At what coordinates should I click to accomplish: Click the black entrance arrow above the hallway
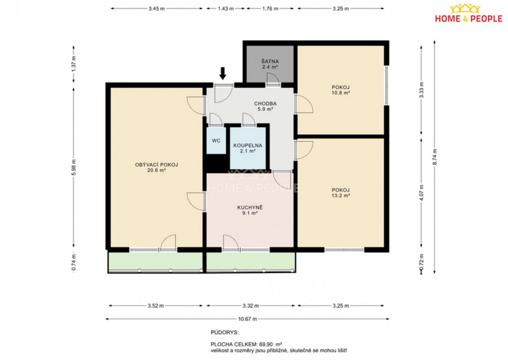(x=223, y=74)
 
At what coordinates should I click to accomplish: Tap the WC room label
(x=216, y=141)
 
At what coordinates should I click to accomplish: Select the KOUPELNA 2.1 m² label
(x=248, y=148)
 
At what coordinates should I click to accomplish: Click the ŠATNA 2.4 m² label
(x=270, y=64)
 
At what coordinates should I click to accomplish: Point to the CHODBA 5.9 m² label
(x=265, y=106)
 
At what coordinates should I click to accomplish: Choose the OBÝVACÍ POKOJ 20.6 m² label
(x=157, y=167)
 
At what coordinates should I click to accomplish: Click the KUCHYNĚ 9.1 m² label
(x=250, y=210)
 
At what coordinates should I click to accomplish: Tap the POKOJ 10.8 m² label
(x=341, y=90)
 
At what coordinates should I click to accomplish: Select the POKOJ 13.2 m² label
(x=341, y=193)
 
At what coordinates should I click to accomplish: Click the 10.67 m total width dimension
(x=247, y=319)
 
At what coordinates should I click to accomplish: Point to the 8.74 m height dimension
(x=434, y=157)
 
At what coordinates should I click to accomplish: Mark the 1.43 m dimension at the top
(x=226, y=8)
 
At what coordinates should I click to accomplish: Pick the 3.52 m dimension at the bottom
(x=156, y=306)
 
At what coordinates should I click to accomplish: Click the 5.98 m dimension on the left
(x=74, y=167)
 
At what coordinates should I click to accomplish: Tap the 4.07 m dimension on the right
(x=421, y=193)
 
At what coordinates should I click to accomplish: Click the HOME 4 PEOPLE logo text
(x=469, y=19)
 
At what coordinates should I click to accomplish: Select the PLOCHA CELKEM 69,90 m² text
(x=246, y=344)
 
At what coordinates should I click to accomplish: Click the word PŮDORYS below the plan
(x=224, y=332)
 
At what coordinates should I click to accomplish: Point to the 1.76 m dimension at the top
(x=270, y=8)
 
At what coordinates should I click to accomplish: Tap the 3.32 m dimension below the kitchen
(x=251, y=306)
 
